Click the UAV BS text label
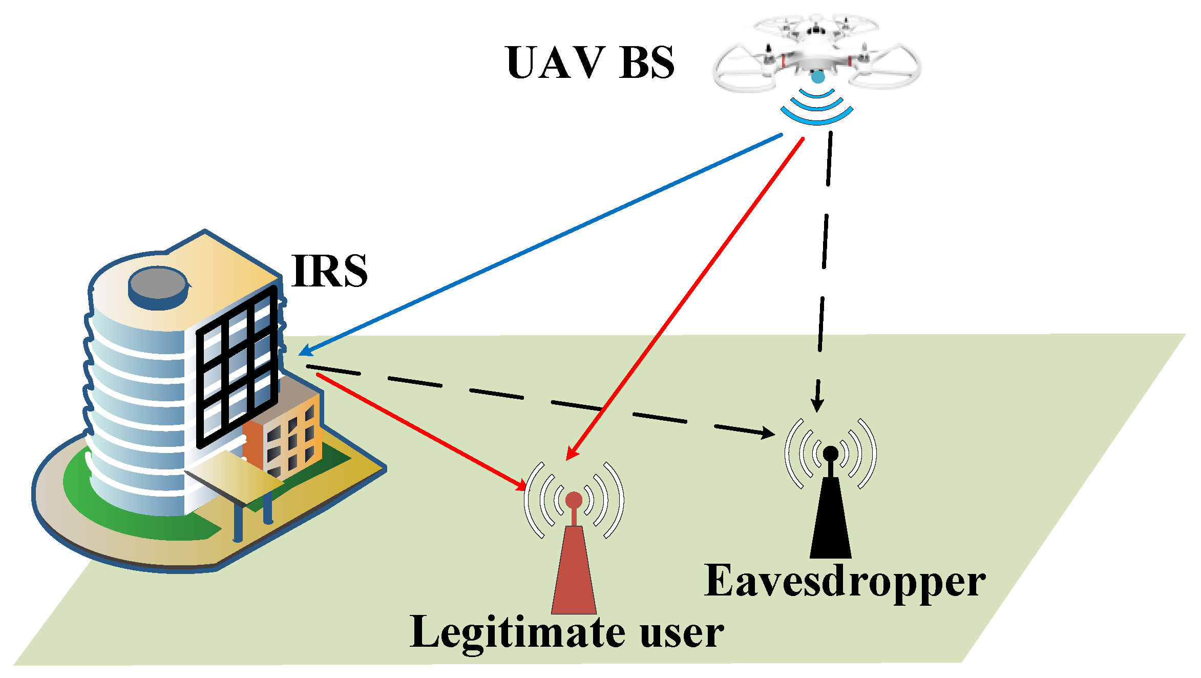(x=590, y=63)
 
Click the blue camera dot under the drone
(x=818, y=77)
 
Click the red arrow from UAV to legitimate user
(x=686, y=297)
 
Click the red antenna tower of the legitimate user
(x=574, y=574)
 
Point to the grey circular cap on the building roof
(x=158, y=283)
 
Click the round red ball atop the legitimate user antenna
(x=574, y=500)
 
